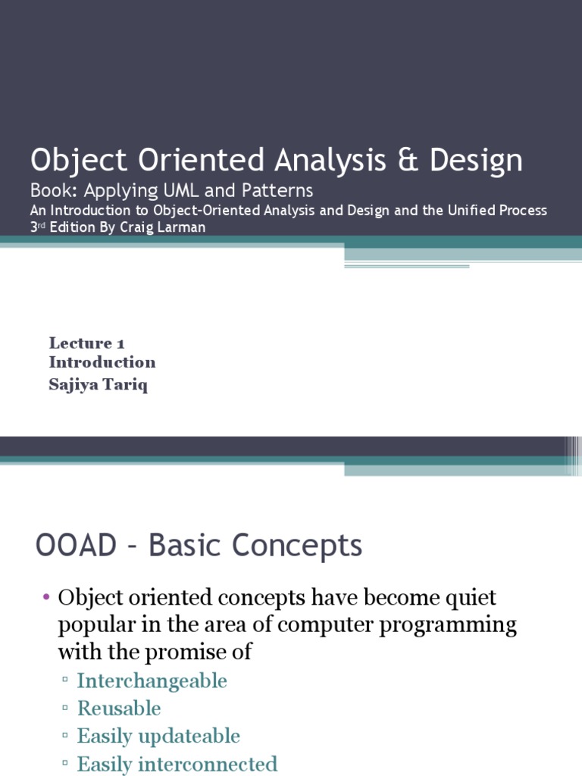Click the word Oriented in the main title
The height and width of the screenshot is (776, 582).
pos(199,161)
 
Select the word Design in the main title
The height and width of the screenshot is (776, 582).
pos(476,161)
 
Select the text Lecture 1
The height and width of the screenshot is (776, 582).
pos(87,343)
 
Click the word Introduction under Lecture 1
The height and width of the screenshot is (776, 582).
pos(102,362)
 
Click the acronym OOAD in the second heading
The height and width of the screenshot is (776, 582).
pos(72,546)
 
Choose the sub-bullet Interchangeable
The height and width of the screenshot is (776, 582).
pos(152,681)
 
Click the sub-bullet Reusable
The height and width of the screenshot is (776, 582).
pos(119,709)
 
